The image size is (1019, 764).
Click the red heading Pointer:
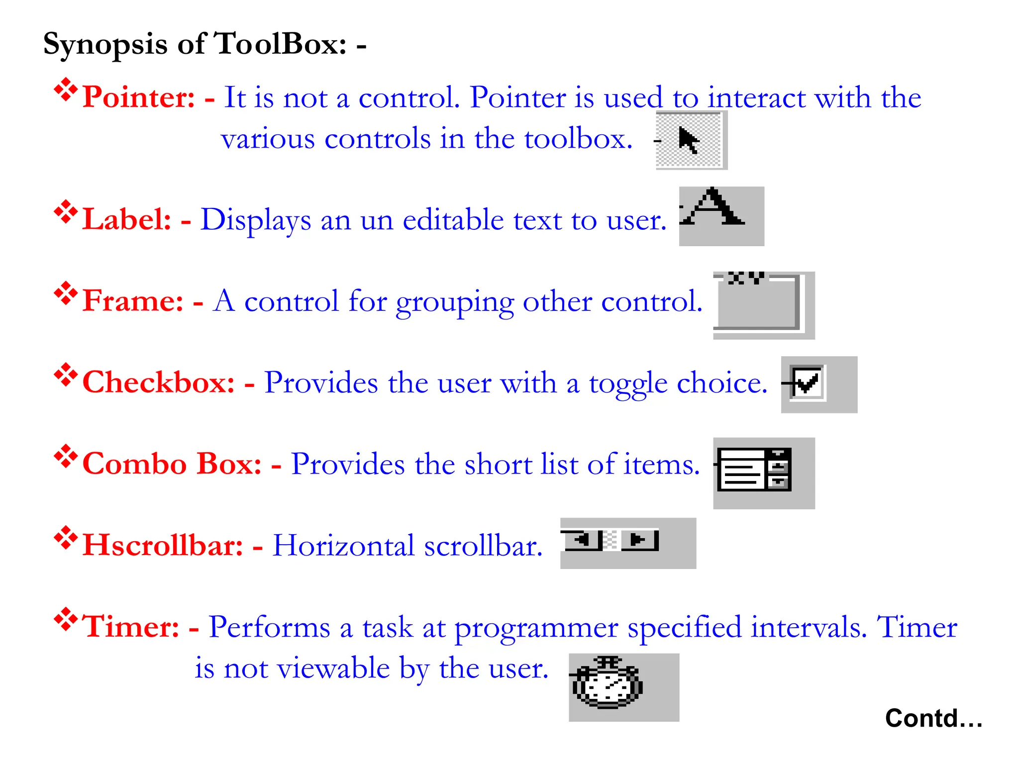pyautogui.click(x=138, y=96)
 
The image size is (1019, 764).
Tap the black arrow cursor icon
pyautogui.click(x=689, y=140)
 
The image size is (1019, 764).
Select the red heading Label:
pyautogui.click(x=127, y=219)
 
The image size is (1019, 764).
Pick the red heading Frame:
pyautogui.click(x=133, y=300)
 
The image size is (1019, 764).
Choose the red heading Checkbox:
pyautogui.click(x=158, y=382)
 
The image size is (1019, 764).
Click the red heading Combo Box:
pyautogui.click(x=172, y=464)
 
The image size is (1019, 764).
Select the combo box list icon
pyautogui.click(x=754, y=470)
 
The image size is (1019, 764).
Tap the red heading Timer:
pyautogui.click(x=130, y=626)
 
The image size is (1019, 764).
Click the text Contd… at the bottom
pyautogui.click(x=933, y=718)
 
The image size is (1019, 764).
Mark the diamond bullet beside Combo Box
pyautogui.click(x=66, y=457)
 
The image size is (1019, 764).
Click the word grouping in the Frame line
pyautogui.click(x=455, y=301)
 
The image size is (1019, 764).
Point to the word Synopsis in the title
pyautogui.click(x=105, y=44)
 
